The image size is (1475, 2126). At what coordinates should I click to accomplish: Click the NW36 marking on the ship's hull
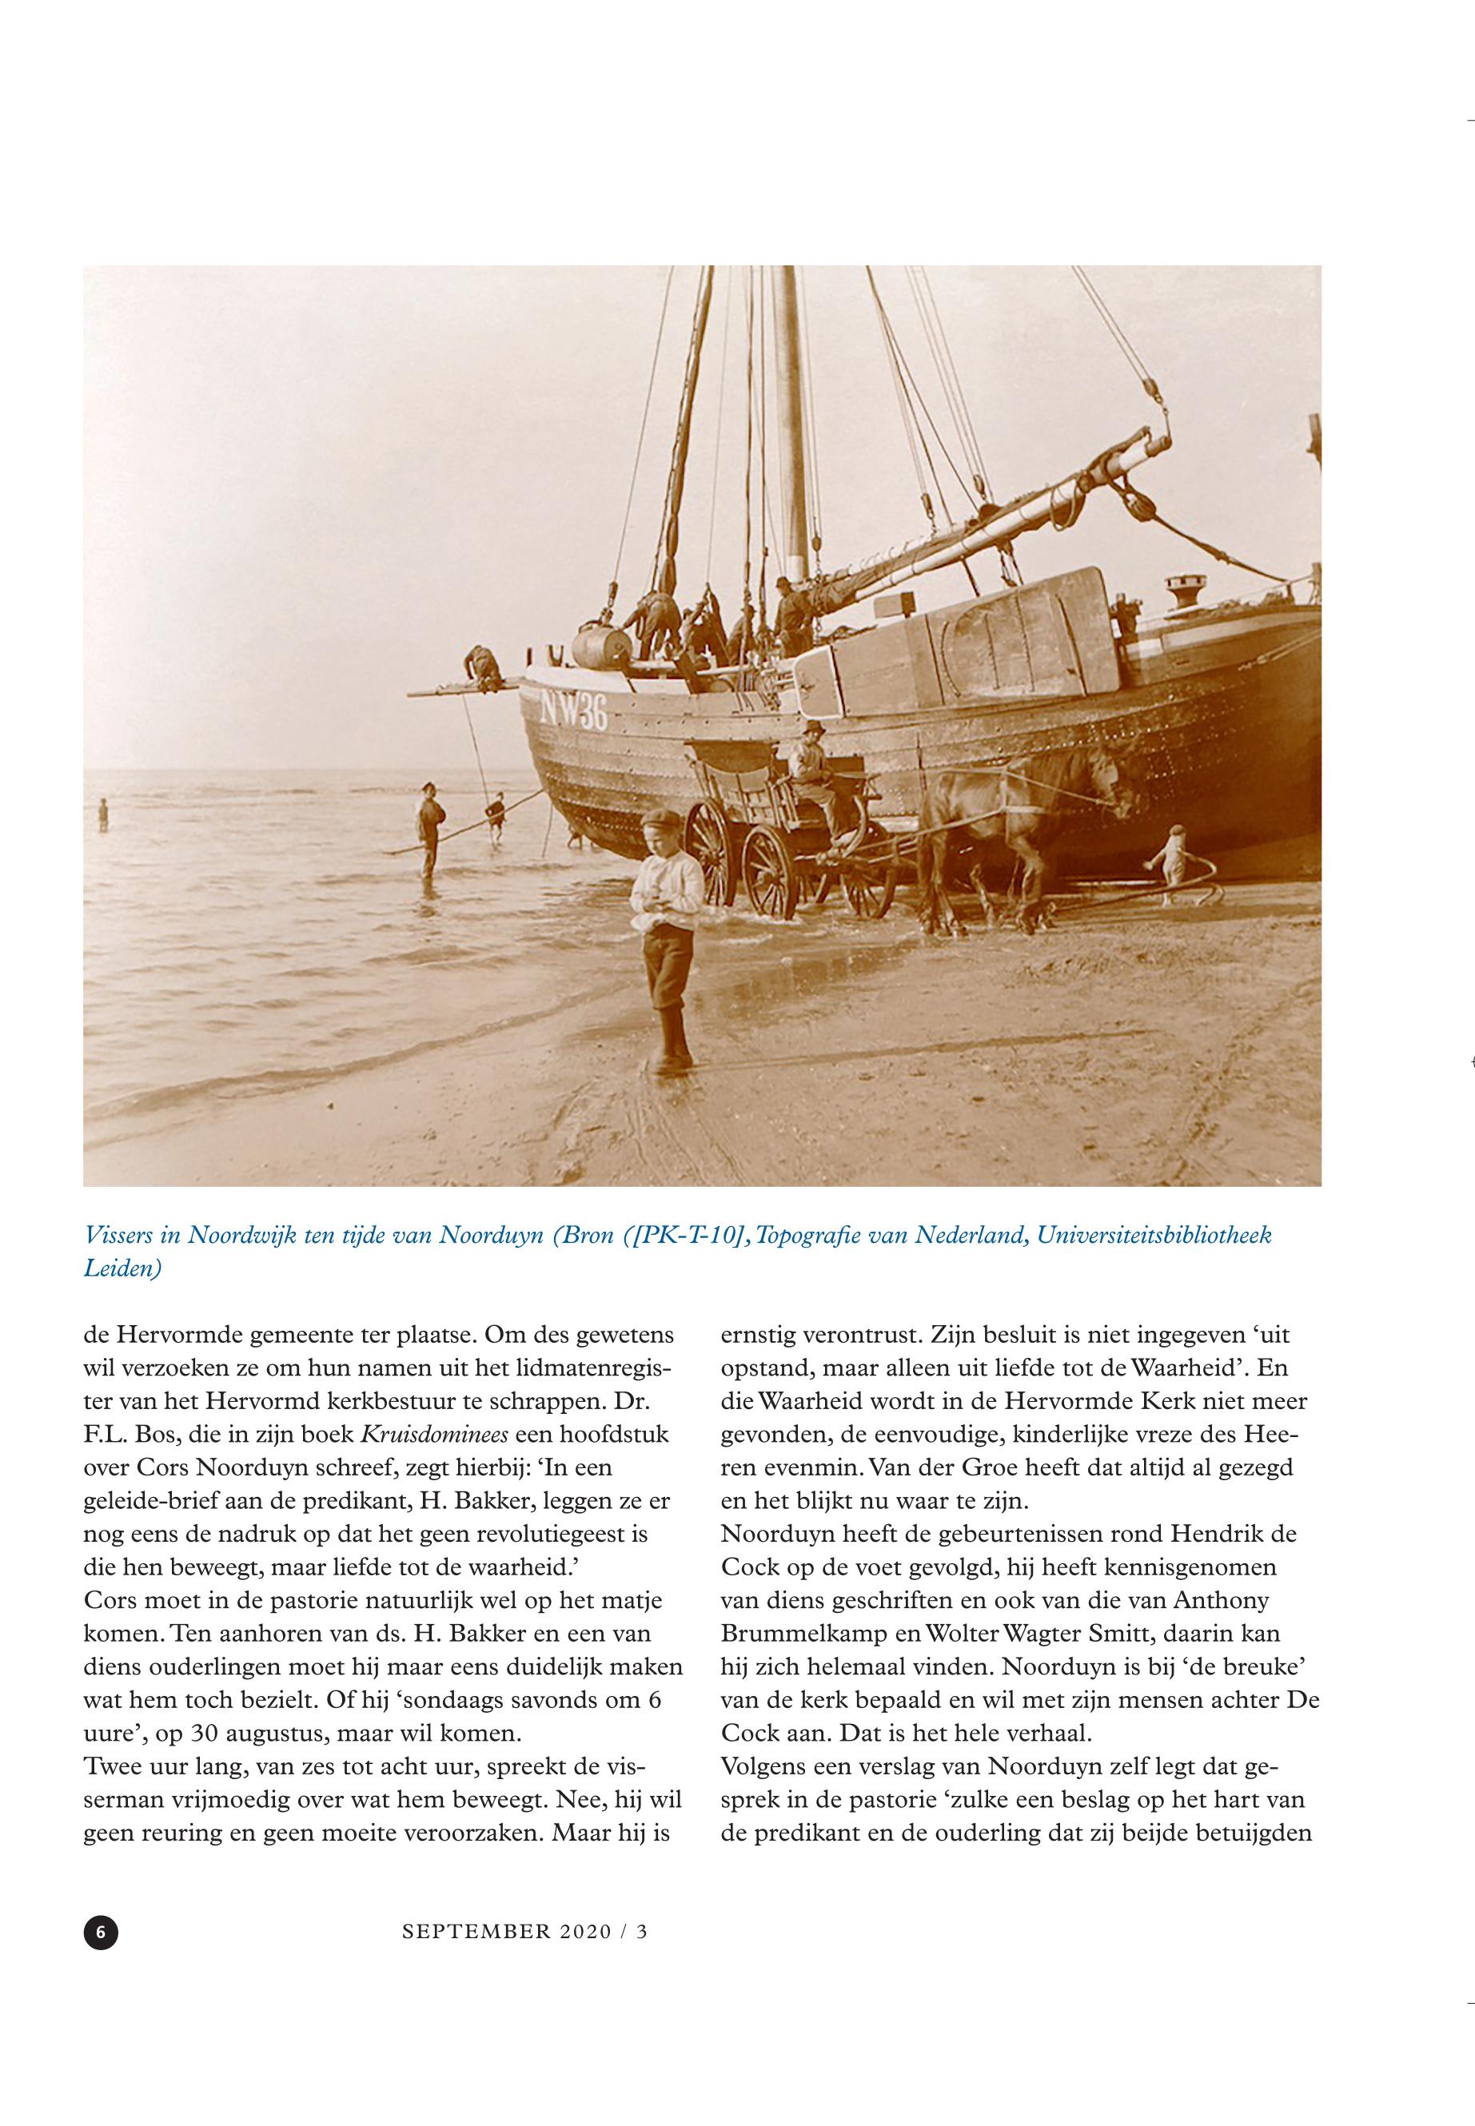point(574,711)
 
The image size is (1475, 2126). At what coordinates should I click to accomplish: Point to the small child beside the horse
point(1174,860)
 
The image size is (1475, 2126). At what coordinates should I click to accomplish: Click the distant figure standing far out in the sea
point(102,814)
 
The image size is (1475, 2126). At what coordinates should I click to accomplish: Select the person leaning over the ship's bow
point(482,663)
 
